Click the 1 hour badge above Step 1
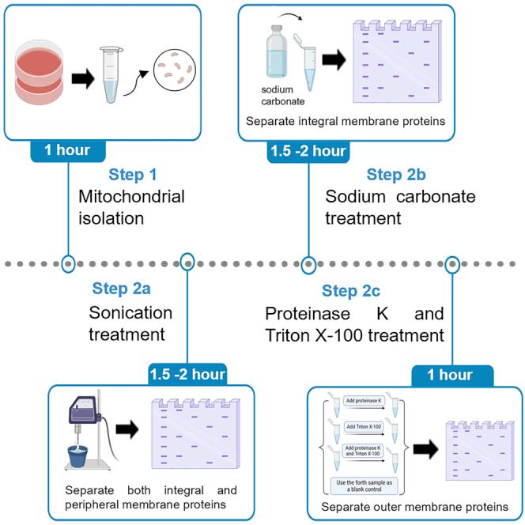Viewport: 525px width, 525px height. click(69, 149)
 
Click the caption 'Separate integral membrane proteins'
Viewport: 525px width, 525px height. click(344, 122)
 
